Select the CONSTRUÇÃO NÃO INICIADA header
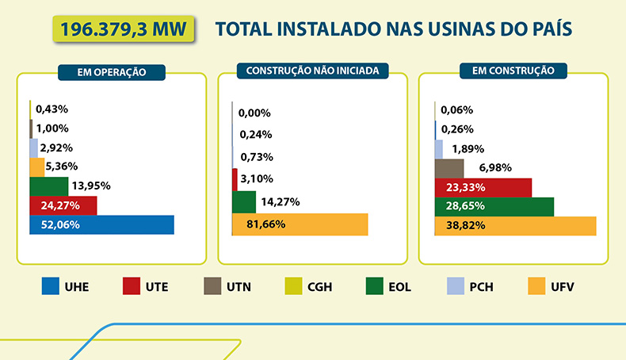[x=312, y=71]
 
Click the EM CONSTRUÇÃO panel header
[x=513, y=71]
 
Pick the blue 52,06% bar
[x=101, y=224]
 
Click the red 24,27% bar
[x=63, y=205]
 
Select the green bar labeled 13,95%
[x=48, y=186]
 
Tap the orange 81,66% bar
[x=300, y=224]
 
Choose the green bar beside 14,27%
[x=244, y=202]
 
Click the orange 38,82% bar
[x=515, y=226]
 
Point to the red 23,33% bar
[x=483, y=188]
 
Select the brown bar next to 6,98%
[x=449, y=168]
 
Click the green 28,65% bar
[x=494, y=207]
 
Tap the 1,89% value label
[x=468, y=148]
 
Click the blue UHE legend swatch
[x=51, y=285]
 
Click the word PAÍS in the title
[x=547, y=31]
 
